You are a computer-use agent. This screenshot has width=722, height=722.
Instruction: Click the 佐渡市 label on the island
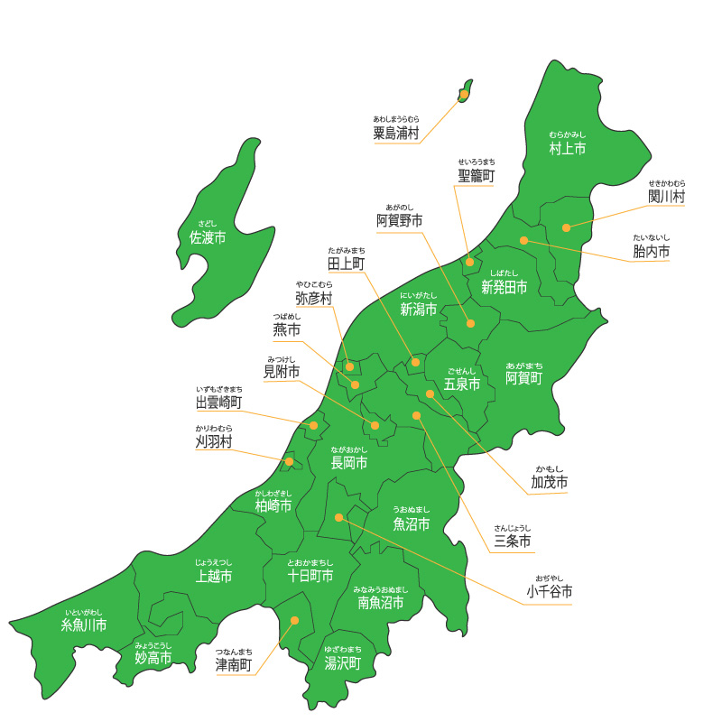208,237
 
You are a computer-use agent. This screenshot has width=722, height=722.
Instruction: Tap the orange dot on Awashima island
464,94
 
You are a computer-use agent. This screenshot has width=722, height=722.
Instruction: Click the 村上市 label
568,148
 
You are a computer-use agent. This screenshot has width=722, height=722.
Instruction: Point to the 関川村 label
666,196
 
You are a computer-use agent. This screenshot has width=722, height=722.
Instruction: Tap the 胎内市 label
652,252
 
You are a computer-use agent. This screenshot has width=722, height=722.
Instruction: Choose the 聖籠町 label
477,176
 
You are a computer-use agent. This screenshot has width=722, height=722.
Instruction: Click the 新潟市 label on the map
418,310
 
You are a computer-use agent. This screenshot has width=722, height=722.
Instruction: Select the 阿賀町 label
523,377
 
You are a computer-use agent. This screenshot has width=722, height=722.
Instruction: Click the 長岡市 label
349,463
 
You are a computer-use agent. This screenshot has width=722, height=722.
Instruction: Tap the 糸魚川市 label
84,625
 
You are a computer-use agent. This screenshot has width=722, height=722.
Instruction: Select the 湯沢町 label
343,662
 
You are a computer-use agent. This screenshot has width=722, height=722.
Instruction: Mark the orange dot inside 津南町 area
294,621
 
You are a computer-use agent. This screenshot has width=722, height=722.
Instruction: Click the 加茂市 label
549,483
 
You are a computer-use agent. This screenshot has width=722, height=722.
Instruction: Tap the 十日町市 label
310,575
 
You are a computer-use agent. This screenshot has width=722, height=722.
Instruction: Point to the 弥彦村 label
313,298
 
